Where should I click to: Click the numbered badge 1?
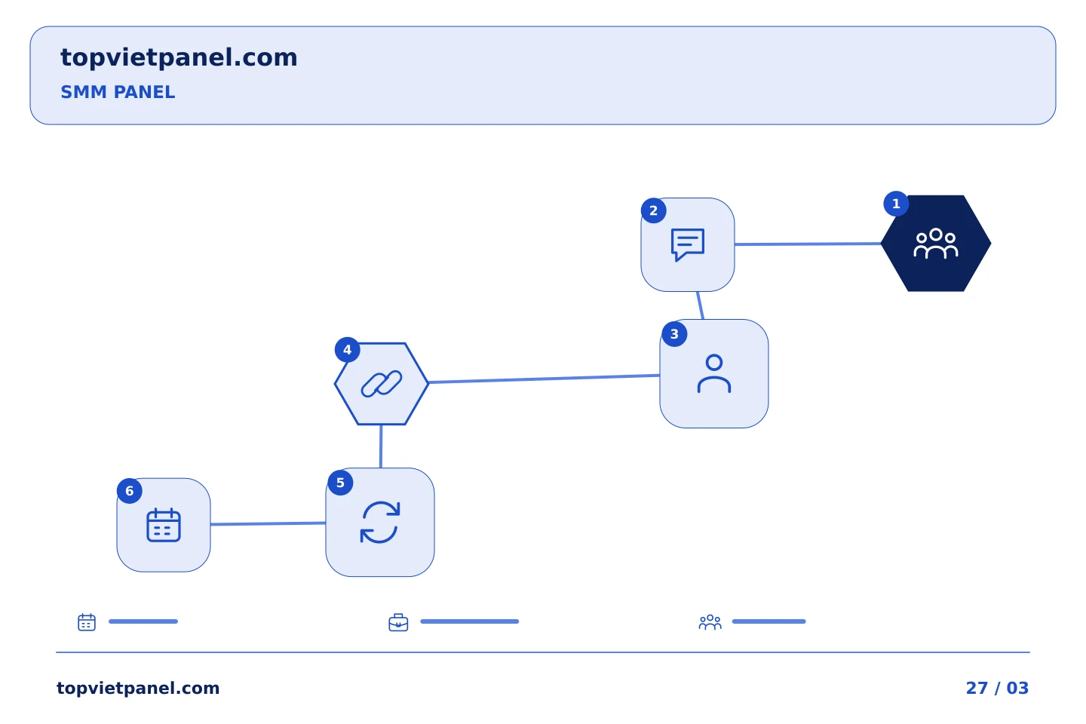coord(896,204)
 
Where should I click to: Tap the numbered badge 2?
coord(654,210)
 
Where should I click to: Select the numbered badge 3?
coord(674,334)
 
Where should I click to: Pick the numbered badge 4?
coord(347,350)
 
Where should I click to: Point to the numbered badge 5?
coord(340,483)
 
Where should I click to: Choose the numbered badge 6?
coord(130,491)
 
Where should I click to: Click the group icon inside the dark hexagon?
coord(936,244)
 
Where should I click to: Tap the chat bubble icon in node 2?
coord(688,244)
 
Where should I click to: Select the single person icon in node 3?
coord(714,373)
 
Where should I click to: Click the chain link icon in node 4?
coord(382,384)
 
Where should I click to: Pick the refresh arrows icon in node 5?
coord(380,523)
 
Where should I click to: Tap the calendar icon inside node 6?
coord(164,525)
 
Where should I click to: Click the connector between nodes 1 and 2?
coord(808,244)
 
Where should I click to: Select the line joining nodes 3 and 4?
coord(544,379)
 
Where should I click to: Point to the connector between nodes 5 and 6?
coord(268,523)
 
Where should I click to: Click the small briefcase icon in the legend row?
coord(398,622)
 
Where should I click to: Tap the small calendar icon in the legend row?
coord(87,621)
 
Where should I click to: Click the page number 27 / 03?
coord(997,688)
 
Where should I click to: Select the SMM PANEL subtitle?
coord(118,92)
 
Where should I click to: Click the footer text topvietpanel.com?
coord(138,689)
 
